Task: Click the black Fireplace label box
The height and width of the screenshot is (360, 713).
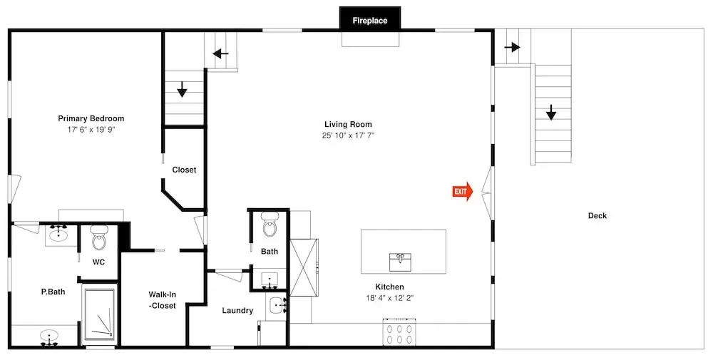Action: tap(370, 19)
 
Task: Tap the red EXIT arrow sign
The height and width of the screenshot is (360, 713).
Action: tap(463, 192)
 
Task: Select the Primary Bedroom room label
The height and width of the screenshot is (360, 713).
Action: tap(91, 118)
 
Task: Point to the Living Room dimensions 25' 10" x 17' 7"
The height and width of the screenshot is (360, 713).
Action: tap(349, 135)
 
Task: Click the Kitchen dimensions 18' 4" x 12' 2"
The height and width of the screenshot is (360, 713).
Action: tap(389, 298)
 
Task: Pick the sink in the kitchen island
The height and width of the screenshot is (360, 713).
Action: tap(400, 262)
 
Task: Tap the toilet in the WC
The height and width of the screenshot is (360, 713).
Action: tap(98, 239)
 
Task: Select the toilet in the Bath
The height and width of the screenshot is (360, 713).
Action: tap(270, 226)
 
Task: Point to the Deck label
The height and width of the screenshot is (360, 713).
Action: tap(597, 216)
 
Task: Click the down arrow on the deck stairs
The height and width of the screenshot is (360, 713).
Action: tap(551, 112)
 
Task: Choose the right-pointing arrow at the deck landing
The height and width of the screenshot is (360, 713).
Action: tap(512, 47)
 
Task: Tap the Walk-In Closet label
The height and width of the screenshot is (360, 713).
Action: tap(162, 300)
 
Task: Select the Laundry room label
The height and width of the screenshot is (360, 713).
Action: tap(237, 311)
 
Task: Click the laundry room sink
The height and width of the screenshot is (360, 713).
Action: tap(277, 305)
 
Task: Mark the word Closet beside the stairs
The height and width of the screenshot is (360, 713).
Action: tap(184, 170)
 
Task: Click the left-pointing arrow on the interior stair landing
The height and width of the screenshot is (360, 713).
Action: tap(221, 55)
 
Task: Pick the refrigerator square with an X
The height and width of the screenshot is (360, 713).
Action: tap(303, 267)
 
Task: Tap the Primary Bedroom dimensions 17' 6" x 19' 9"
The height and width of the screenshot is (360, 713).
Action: tap(91, 130)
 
